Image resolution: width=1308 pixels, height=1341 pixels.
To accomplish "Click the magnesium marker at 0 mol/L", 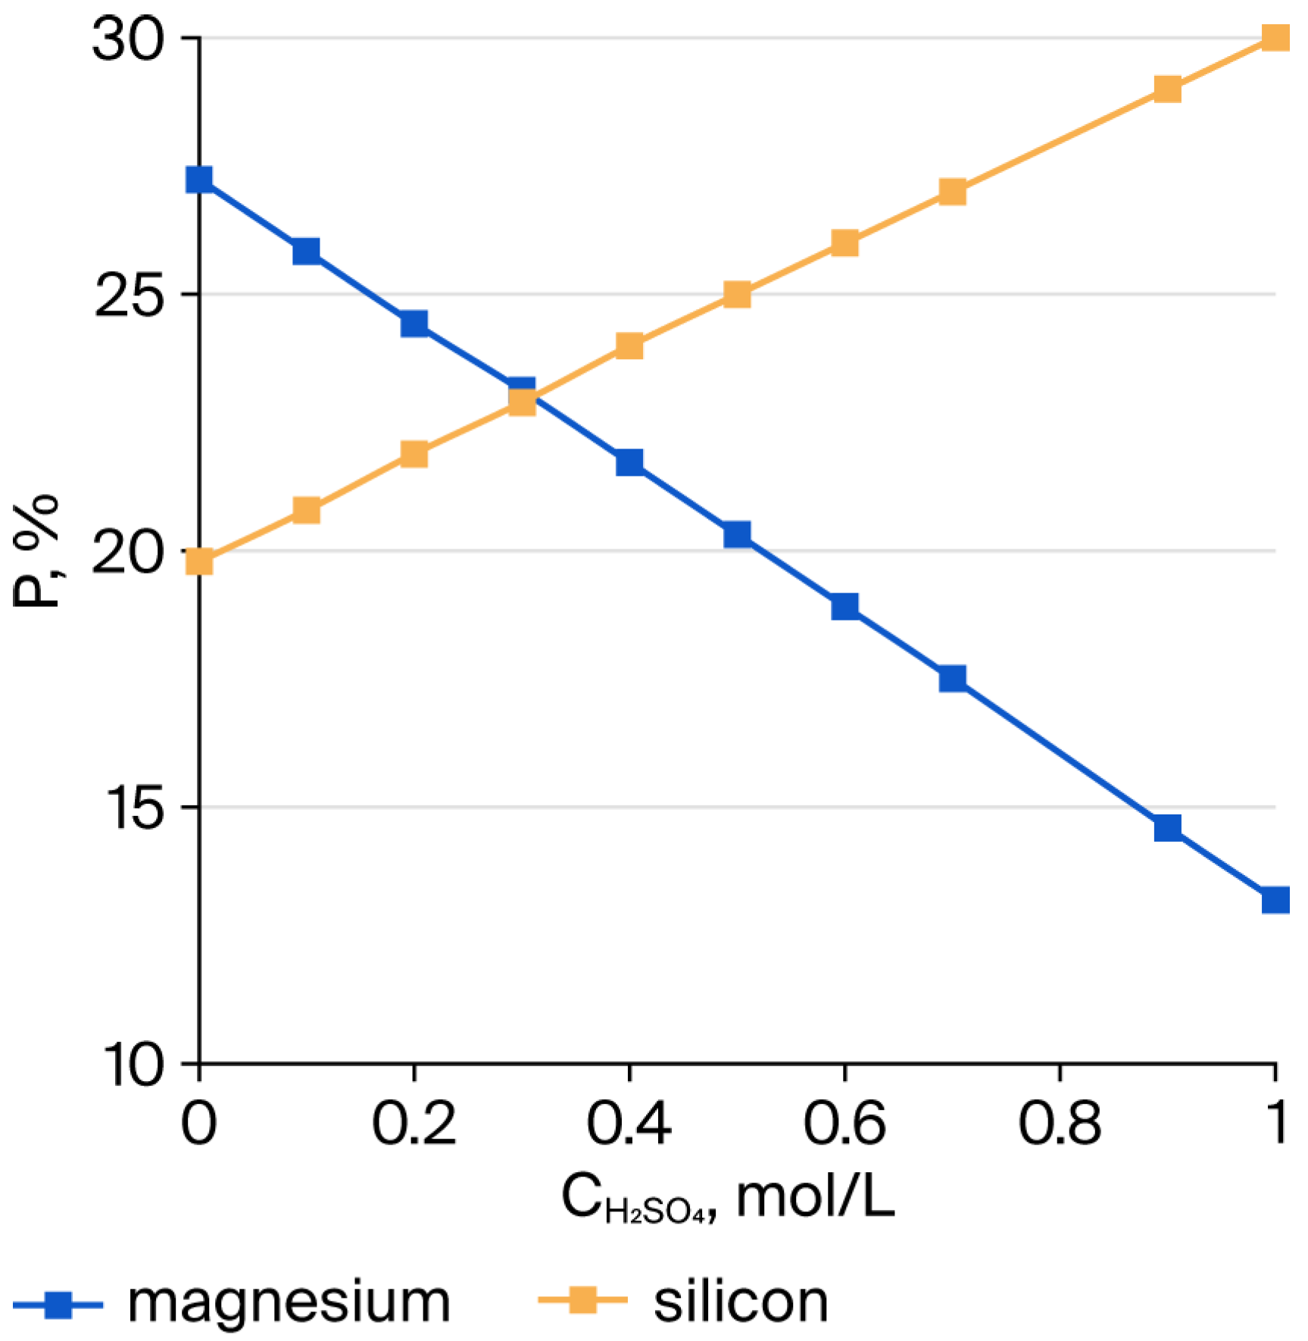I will (x=199, y=180).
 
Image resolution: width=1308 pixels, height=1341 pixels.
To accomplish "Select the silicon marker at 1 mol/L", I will (x=1275, y=37).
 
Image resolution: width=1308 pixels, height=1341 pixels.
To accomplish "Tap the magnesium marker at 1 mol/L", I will (x=1275, y=900).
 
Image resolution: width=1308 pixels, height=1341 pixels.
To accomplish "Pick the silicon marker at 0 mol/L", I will (x=199, y=561).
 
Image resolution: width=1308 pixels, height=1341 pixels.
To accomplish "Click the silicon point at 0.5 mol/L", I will (x=737, y=294).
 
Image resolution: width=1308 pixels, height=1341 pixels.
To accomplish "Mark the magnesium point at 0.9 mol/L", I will (x=1168, y=827).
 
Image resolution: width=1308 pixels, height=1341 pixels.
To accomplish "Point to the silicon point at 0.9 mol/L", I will (x=1168, y=89).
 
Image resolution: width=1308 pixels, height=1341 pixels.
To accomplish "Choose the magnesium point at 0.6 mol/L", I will (x=845, y=606).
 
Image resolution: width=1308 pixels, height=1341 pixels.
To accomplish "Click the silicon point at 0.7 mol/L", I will (x=953, y=192).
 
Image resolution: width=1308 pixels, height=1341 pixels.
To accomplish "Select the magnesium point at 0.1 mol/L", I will (x=306, y=250).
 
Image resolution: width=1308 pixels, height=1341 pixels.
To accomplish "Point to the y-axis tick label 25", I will (x=129, y=295).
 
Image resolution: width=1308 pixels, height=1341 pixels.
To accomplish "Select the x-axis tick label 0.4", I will (x=629, y=1124).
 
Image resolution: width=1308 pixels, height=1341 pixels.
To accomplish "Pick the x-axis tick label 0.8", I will (x=1059, y=1124).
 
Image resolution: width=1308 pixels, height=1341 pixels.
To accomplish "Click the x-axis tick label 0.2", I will (x=414, y=1124).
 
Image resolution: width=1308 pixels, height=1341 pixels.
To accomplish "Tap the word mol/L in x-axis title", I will (x=816, y=1198).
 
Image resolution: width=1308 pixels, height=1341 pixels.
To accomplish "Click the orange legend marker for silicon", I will (x=582, y=1301).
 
